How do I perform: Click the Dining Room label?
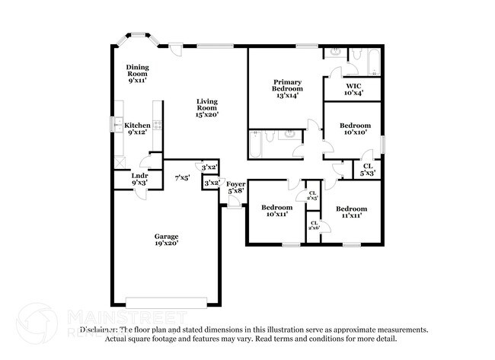[137, 73]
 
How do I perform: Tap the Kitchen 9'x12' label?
[138, 129]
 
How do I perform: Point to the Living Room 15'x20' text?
[206, 108]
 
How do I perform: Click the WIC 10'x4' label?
[353, 89]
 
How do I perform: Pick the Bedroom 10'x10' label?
[355, 129]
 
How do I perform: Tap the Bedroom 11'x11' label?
[351, 212]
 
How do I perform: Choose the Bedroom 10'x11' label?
[276, 211]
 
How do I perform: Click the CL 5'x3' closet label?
[368, 169]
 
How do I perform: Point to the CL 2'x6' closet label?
[313, 225]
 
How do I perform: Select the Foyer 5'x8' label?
[235, 187]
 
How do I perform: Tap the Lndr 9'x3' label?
[139, 180]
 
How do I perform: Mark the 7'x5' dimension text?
[182, 178]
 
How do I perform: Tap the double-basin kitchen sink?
[117, 125]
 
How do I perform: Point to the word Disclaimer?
[99, 330]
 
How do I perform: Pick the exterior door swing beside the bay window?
[176, 50]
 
